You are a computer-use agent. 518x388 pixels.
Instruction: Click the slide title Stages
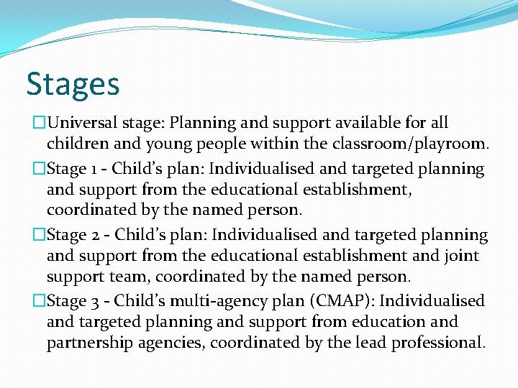coord(73,85)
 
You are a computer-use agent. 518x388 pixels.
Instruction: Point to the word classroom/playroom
coord(411,144)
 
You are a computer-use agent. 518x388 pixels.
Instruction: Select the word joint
coord(457,255)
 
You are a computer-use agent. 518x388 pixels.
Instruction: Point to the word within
coord(277,144)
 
